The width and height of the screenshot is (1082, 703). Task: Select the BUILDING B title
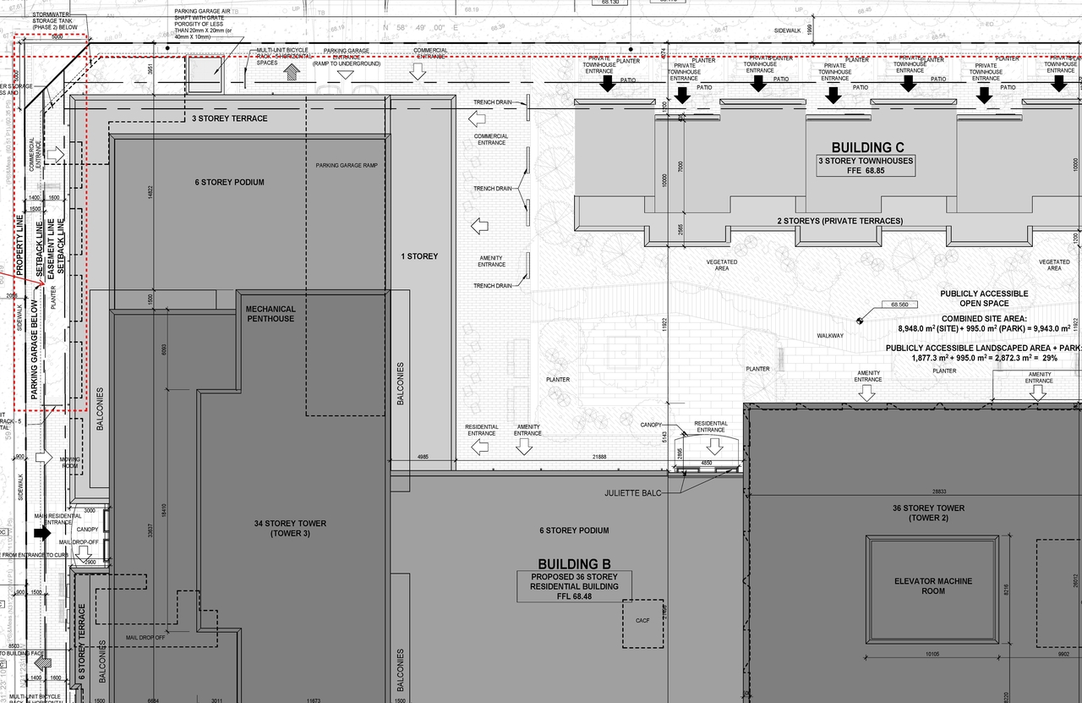[x=574, y=564]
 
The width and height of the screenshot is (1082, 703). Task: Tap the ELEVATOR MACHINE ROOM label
[x=933, y=586]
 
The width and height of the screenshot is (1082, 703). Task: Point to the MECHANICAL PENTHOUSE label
[x=270, y=314]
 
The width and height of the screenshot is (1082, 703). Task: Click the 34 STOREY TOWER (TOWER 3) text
[x=290, y=529]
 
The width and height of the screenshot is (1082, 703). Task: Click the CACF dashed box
[x=642, y=623]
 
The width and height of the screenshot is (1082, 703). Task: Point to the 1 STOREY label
[x=420, y=256]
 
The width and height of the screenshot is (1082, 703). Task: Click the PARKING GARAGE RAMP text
[x=347, y=165]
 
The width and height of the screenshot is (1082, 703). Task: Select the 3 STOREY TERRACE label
[x=229, y=118]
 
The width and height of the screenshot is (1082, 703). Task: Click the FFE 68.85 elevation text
[x=866, y=170]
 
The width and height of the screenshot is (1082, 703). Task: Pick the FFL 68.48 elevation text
[x=574, y=596]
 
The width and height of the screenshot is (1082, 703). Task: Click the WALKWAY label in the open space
[x=830, y=336]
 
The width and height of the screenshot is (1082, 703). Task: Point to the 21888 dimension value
[x=599, y=457]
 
